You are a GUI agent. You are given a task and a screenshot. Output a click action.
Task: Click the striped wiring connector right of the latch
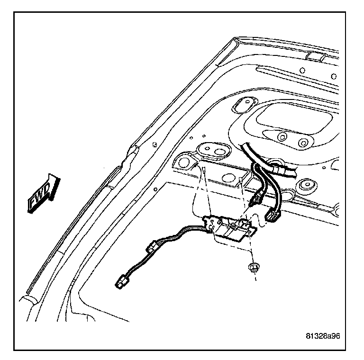[273, 216]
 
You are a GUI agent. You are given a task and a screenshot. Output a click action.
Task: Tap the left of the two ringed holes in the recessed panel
[282, 137]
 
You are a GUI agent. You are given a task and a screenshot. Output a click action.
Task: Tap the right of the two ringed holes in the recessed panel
[301, 142]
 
